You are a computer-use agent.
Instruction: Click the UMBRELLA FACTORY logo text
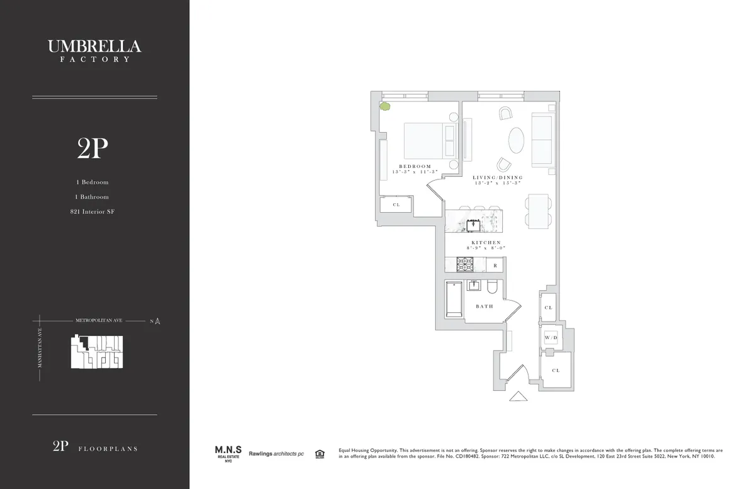tap(94, 50)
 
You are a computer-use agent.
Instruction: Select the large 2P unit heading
tap(93, 149)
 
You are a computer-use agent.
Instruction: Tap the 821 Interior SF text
tap(93, 212)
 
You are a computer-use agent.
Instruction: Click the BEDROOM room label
tap(415, 167)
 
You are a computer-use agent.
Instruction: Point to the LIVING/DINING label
tap(498, 178)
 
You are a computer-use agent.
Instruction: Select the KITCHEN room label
tap(486, 242)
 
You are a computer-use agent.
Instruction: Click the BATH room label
tap(484, 306)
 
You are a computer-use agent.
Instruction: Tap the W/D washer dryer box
tap(551, 338)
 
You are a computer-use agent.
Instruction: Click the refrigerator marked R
tap(495, 266)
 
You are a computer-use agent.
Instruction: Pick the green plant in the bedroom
tap(385, 107)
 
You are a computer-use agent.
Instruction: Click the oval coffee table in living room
tap(515, 140)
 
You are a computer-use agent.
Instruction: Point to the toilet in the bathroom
tap(494, 288)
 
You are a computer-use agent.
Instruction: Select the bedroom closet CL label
tap(396, 205)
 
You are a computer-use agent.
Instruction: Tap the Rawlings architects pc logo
tap(276, 453)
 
